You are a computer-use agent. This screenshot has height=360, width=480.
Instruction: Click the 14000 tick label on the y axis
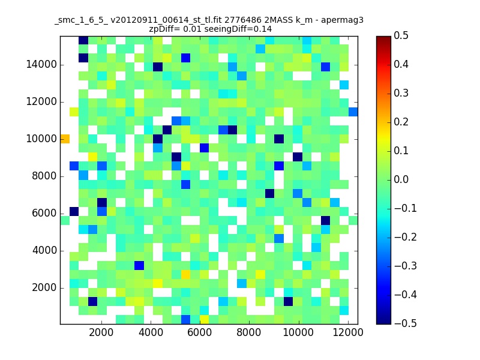pos(41,65)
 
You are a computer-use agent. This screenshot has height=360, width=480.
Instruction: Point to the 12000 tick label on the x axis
pos(348,332)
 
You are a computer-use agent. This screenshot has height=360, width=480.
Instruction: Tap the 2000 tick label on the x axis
pos(101,332)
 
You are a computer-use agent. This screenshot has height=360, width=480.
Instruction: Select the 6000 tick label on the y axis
pos(44,214)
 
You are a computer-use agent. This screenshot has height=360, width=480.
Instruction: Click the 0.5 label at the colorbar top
pos(401,35)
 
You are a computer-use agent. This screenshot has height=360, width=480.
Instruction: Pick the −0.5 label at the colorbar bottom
pos(406,323)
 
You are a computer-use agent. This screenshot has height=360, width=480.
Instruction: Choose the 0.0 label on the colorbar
pos(401,179)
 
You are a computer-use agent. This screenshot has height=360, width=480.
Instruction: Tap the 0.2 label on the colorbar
pos(401,122)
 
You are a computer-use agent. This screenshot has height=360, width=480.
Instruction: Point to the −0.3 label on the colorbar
pos(406,266)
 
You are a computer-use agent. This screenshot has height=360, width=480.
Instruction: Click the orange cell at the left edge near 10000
pos(65,139)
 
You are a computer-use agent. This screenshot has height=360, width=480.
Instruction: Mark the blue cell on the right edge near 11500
pos(353,112)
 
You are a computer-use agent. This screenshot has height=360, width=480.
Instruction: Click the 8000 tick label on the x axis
pos(248,332)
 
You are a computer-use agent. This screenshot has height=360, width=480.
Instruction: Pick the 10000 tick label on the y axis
pos(41,139)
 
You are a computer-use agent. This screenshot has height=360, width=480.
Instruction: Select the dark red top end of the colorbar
pos(383,38)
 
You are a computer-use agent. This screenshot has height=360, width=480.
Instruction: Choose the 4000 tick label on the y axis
pos(44,250)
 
